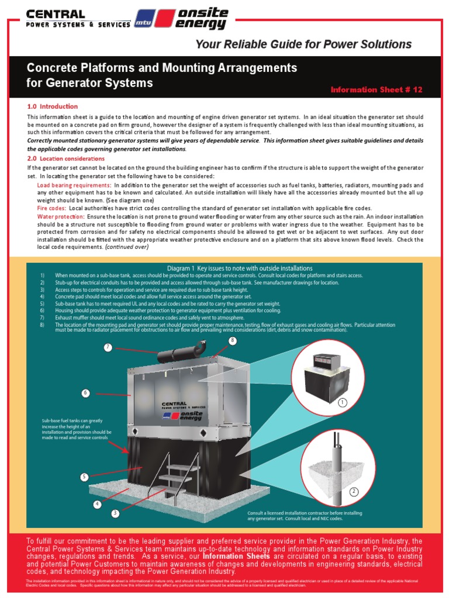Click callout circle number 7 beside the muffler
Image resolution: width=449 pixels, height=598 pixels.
(108, 347)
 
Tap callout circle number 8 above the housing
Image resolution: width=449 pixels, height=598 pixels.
(232, 340)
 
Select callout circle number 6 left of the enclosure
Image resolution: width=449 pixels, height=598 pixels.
(86, 393)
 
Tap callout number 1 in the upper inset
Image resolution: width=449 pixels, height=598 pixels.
(343, 402)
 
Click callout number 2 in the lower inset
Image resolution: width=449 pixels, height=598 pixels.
(354, 492)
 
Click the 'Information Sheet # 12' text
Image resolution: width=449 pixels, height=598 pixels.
(376, 89)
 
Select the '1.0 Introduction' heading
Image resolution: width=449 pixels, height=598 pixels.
(52, 106)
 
